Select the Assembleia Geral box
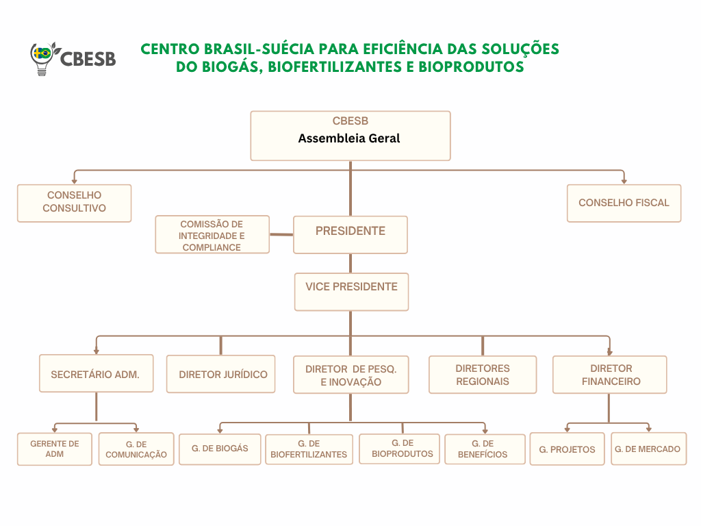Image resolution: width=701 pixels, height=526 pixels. click(350, 136)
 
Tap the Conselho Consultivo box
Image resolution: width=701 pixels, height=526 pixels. click(74, 203)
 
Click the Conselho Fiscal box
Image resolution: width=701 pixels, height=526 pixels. click(624, 203)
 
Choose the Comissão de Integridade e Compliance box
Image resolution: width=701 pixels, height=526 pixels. click(212, 235)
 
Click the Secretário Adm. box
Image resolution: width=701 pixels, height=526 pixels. click(96, 374)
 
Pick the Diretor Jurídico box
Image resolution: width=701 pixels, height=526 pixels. click(221, 374)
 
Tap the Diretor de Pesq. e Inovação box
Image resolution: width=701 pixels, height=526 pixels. click(351, 375)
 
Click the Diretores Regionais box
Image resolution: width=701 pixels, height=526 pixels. click(483, 375)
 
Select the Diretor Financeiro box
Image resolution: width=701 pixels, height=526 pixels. click(610, 375)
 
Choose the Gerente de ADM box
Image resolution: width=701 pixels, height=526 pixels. click(55, 449)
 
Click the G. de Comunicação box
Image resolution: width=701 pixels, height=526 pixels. click(136, 449)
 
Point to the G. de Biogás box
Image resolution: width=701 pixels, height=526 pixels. click(220, 449)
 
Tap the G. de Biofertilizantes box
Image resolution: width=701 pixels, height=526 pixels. click(309, 449)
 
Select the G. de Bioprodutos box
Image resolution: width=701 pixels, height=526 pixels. click(399, 449)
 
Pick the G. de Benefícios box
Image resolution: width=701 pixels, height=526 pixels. click(485, 449)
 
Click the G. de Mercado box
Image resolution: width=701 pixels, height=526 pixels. click(648, 449)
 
